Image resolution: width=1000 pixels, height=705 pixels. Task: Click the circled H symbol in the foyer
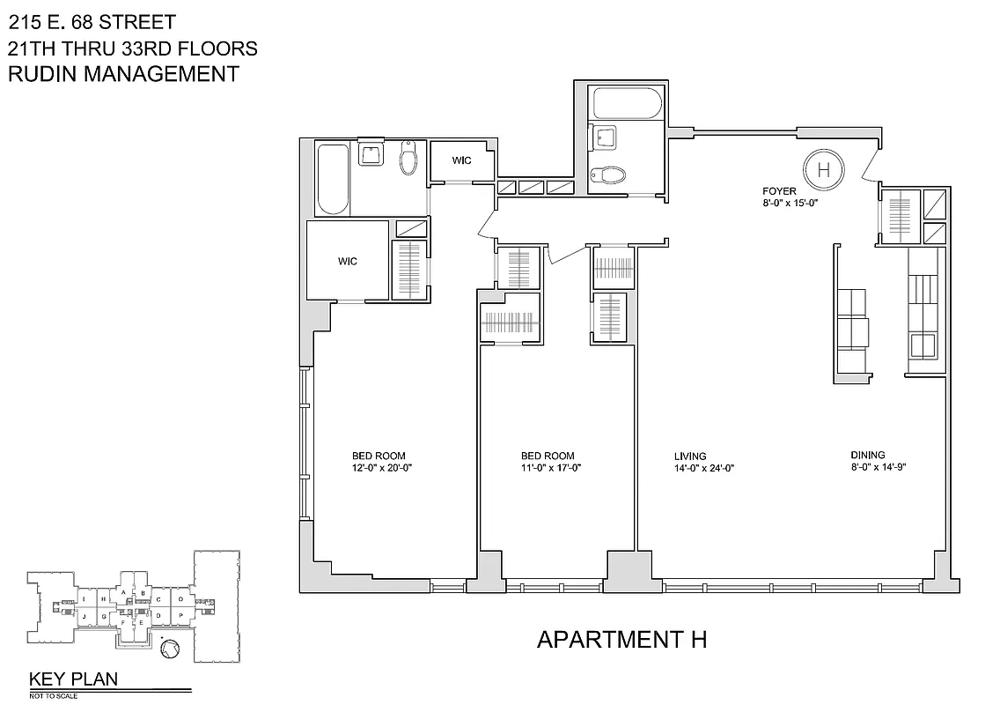tap(823, 168)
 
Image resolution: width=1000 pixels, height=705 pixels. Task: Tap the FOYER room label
tap(779, 191)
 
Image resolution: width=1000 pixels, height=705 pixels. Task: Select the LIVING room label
tap(690, 456)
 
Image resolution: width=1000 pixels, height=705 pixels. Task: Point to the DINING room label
tap(867, 455)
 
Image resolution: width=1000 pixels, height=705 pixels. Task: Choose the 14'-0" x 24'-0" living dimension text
tap(703, 469)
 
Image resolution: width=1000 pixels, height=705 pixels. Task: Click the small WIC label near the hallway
tap(462, 160)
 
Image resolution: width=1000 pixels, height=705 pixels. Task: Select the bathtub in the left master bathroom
tap(332, 180)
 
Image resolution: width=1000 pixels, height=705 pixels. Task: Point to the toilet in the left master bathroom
tap(408, 161)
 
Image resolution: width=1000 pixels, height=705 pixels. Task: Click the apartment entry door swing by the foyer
tap(868, 164)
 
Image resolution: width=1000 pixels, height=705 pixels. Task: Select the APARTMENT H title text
tap(621, 639)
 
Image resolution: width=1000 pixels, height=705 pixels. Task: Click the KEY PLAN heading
tap(73, 679)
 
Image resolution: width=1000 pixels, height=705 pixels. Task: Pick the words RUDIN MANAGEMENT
tap(123, 74)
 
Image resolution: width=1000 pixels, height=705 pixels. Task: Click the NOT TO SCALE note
tap(55, 695)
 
